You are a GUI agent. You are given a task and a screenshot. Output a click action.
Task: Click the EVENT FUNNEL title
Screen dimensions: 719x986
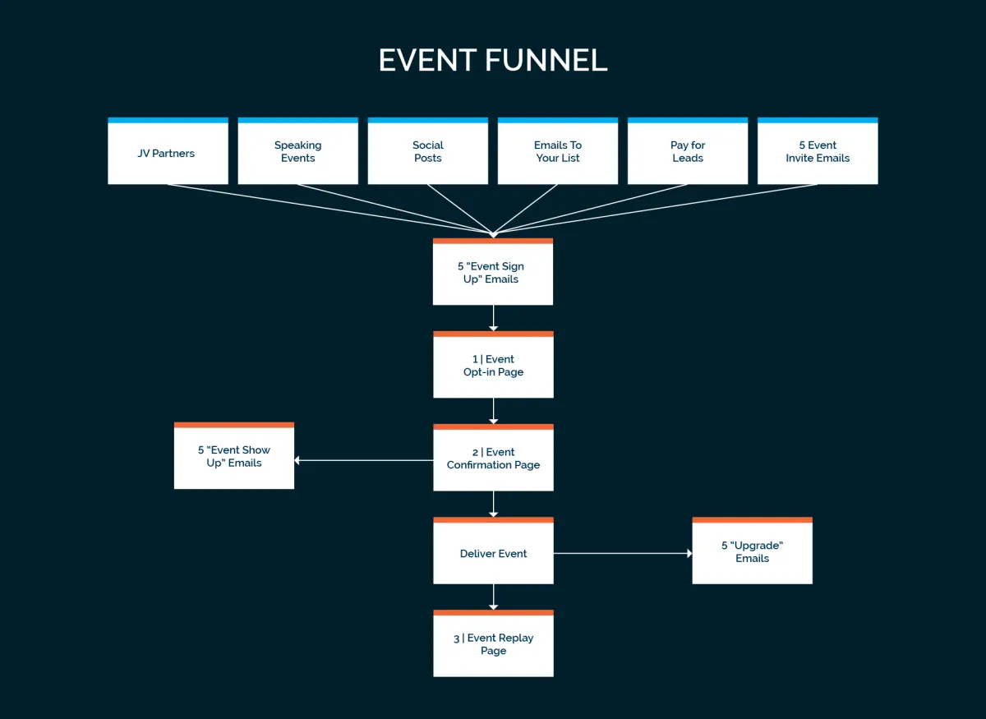493,60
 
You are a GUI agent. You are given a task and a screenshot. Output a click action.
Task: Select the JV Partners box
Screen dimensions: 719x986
168,152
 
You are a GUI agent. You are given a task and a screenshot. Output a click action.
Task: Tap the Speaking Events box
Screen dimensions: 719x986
297,152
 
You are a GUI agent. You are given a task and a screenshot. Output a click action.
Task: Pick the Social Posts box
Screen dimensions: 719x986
427,152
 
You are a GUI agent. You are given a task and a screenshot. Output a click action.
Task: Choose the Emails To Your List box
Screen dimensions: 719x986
558,152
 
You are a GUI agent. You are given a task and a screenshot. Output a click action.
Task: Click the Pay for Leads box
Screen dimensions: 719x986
688,152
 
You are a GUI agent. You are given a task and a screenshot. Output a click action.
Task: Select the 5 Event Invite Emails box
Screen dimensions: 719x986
818,152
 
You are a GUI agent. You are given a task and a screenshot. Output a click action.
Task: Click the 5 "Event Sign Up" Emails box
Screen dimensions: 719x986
493,273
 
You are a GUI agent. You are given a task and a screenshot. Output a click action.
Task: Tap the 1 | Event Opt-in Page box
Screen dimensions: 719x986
493,366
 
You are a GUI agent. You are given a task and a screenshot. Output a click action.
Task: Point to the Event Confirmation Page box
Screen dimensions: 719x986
493,459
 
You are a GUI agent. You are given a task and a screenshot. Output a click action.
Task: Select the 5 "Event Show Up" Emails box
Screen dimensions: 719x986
234,457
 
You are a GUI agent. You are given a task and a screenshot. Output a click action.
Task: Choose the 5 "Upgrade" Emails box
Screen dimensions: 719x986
752,551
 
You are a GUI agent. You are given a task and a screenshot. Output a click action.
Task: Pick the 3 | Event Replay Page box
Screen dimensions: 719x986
493,644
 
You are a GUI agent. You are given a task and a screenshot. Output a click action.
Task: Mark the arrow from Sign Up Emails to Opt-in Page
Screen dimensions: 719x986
493,318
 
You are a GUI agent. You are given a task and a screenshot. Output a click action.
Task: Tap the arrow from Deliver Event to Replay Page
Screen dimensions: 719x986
493,597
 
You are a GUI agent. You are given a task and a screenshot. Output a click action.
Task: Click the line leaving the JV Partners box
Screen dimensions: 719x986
329,209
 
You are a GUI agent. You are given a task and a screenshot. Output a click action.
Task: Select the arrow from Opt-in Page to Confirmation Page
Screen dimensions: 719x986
493,411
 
